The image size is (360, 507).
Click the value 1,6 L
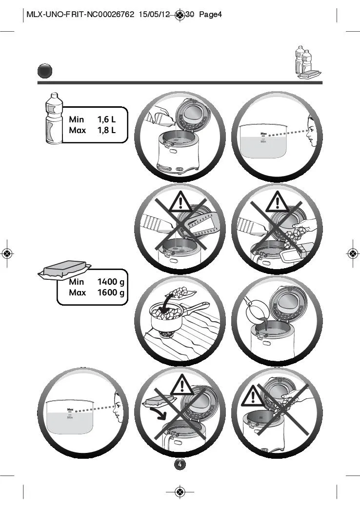(x=106, y=119)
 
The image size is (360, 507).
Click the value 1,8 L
(x=106, y=130)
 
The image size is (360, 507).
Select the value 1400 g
(x=111, y=282)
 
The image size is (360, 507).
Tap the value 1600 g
(x=111, y=292)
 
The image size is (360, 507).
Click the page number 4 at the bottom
(x=180, y=464)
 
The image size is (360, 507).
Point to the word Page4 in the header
(x=210, y=15)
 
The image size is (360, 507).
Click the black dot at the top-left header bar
(x=45, y=72)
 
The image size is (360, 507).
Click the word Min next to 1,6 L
(x=77, y=119)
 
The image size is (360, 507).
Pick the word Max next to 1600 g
(x=77, y=292)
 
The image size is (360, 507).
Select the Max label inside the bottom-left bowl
(x=70, y=409)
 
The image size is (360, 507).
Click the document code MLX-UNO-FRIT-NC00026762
(x=80, y=15)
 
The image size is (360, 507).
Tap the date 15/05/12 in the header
(x=154, y=15)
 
